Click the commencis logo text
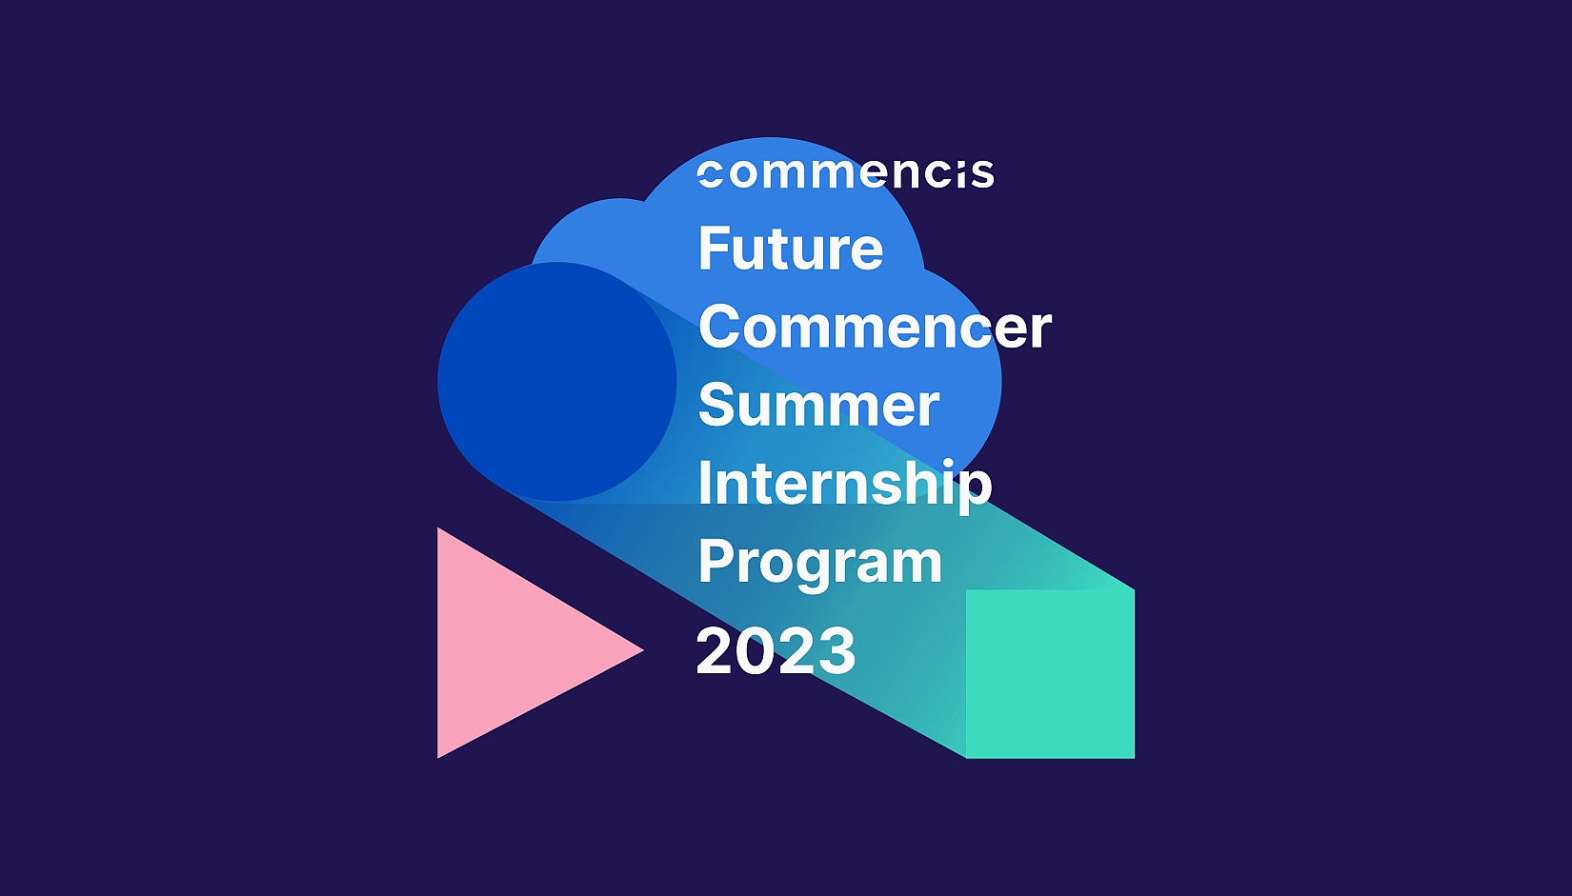(845, 174)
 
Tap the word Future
(791, 249)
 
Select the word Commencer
(876, 327)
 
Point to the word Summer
(819, 405)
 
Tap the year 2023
(776, 651)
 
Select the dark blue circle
(557, 381)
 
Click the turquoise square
(1050, 673)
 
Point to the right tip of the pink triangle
(643, 650)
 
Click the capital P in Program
(715, 561)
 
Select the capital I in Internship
(704, 482)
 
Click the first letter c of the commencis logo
(710, 174)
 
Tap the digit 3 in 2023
(836, 651)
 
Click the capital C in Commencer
(720, 327)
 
